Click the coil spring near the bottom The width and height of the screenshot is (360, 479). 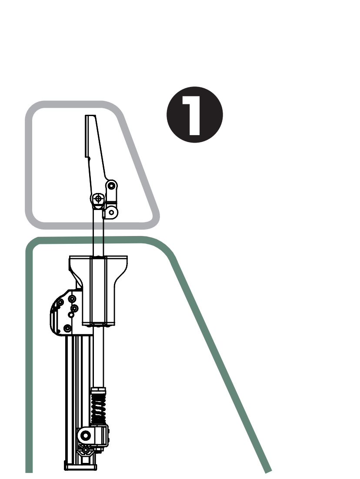click(x=98, y=407)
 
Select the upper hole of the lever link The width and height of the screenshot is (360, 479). click(x=111, y=186)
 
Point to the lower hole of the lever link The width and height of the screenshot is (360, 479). click(x=111, y=212)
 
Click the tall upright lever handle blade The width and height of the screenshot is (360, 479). click(x=93, y=148)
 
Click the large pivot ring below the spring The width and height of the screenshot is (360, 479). click(x=86, y=435)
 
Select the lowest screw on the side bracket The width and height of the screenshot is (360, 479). click(x=67, y=328)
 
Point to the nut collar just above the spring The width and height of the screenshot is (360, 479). click(x=98, y=389)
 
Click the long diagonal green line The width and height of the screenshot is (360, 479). click(x=222, y=361)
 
